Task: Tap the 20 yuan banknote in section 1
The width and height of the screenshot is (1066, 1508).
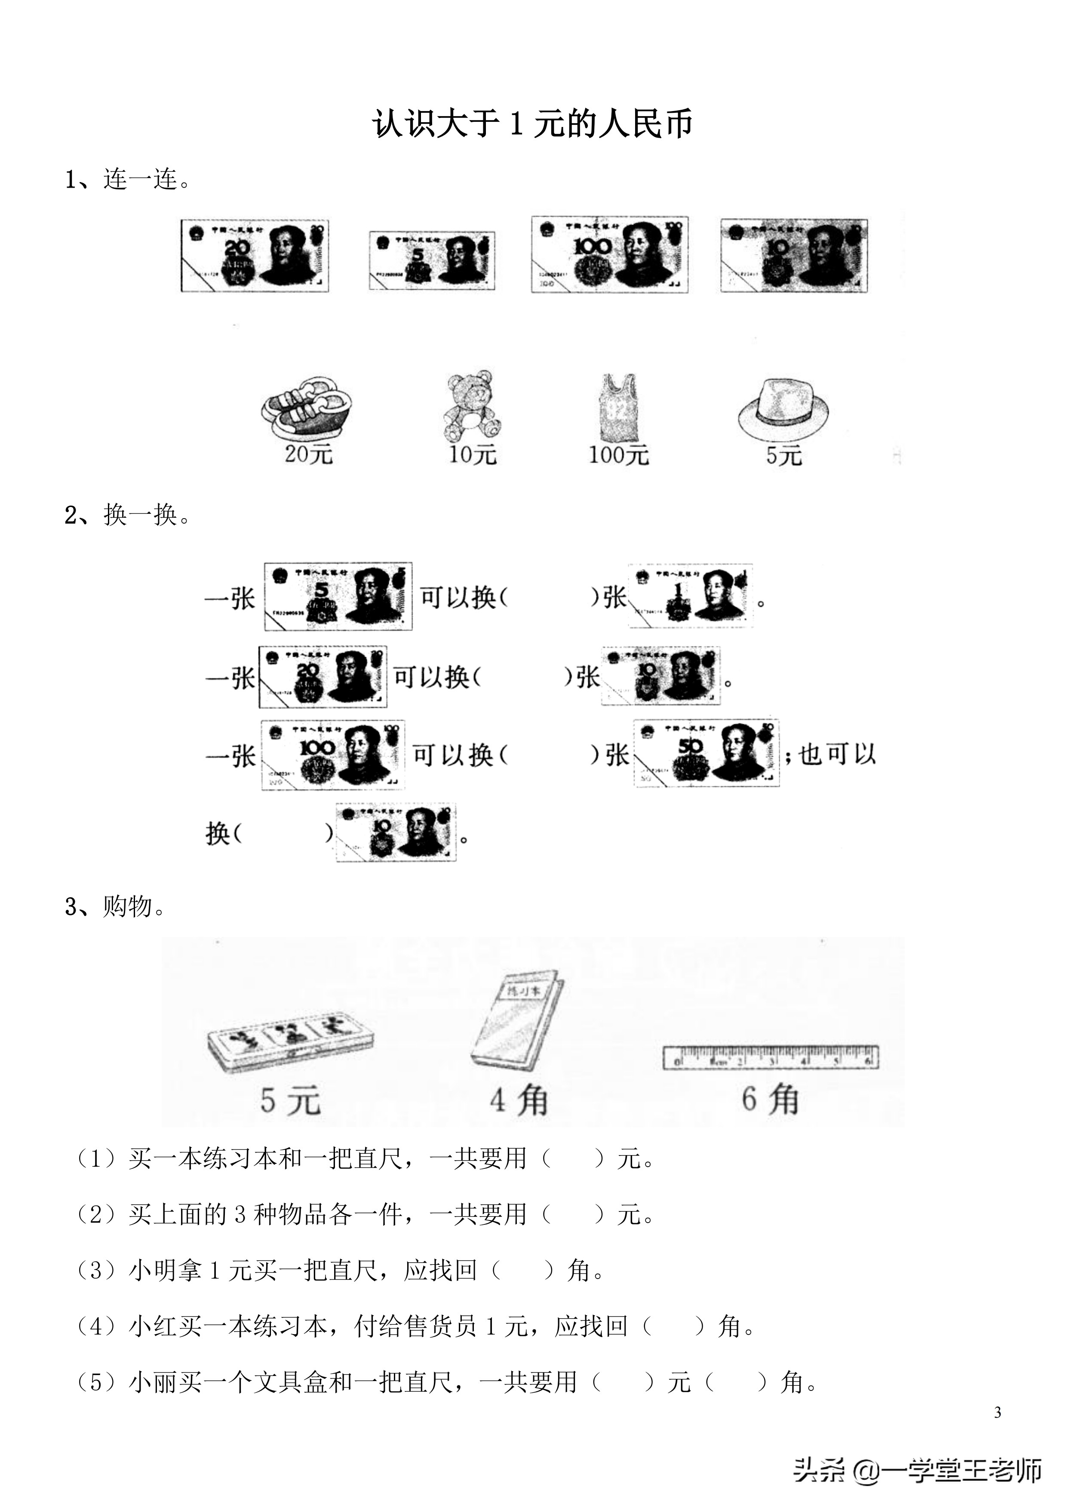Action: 255,256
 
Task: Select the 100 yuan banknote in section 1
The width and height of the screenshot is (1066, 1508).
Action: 609,254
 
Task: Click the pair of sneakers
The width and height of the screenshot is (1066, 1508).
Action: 306,408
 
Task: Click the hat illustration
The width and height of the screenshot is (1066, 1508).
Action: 783,408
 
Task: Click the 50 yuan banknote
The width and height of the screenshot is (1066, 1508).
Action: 706,753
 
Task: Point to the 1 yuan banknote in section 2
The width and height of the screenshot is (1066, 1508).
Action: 690,596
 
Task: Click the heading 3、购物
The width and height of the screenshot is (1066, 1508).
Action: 116,907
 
